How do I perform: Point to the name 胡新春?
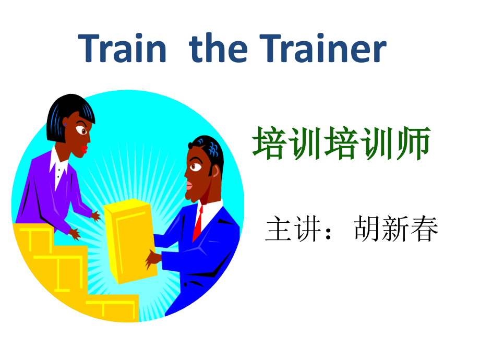point(397,229)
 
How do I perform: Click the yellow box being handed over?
point(129,240)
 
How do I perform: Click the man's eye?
point(194,166)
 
